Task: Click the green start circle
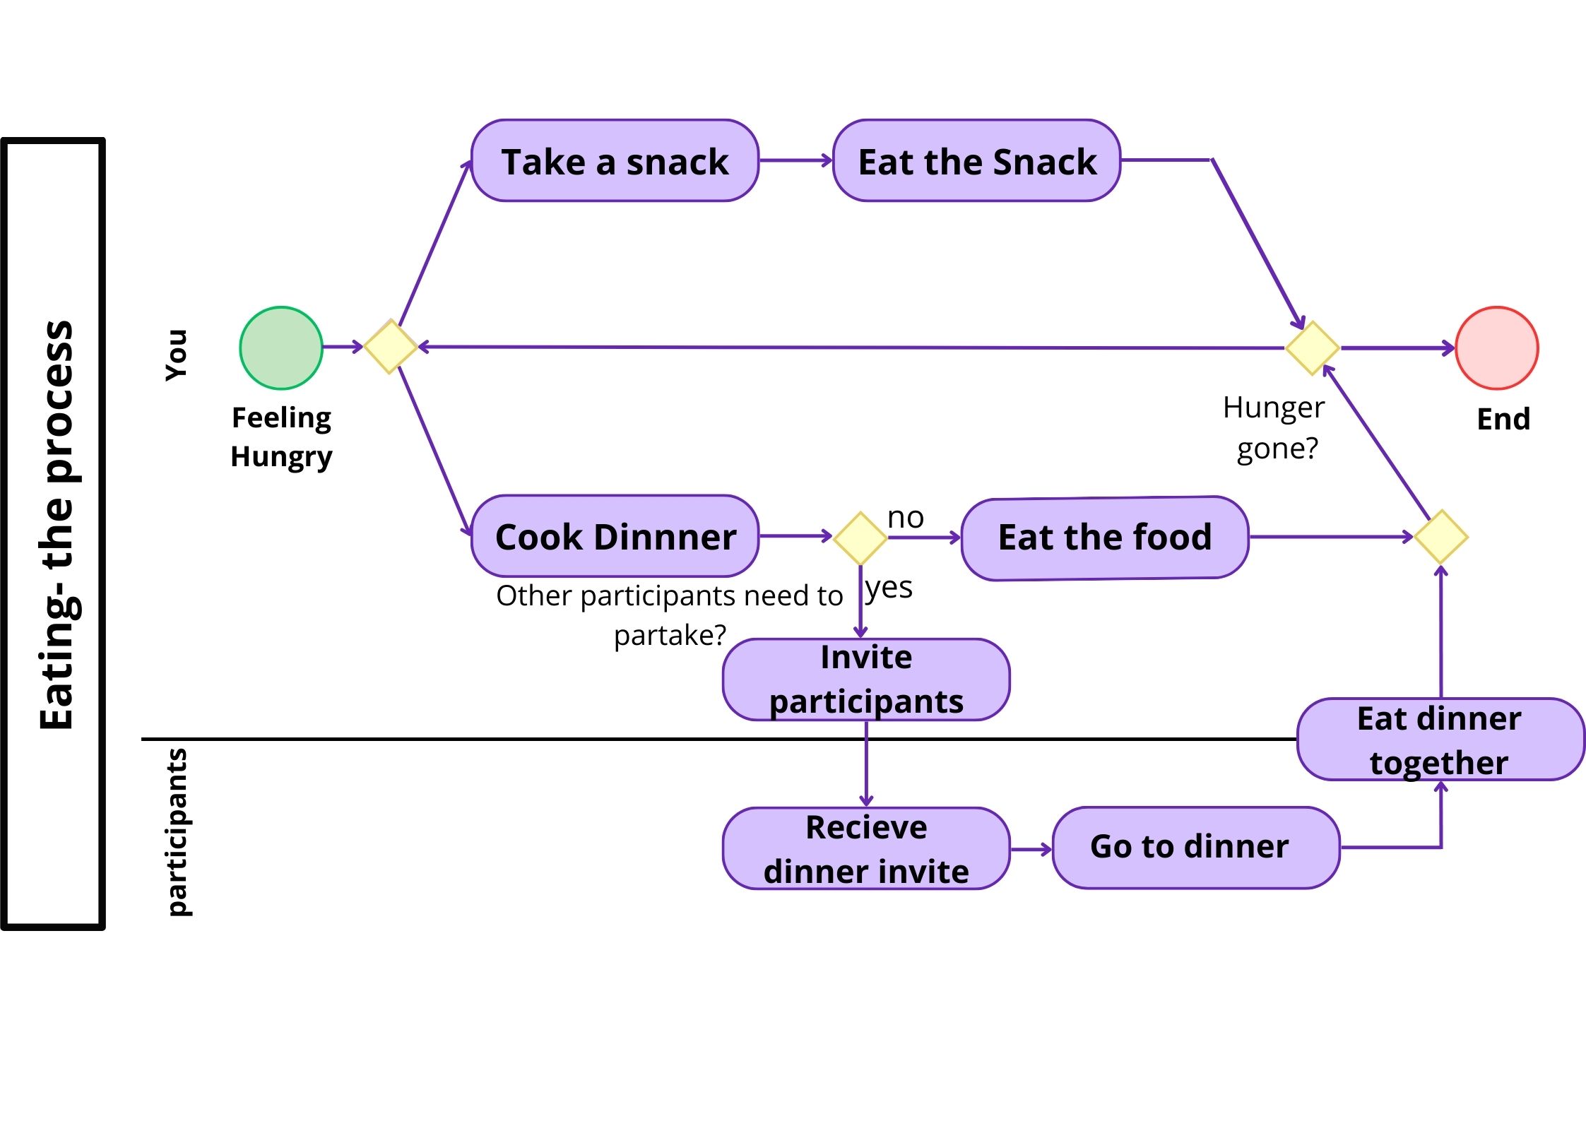281,348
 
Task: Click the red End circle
1496,348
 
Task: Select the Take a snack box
615,160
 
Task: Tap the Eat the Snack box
976,160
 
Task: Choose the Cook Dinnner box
615,536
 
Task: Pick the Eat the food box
1105,538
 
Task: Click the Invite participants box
866,680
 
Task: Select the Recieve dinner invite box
866,848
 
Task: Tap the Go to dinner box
1195,847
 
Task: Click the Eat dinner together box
1440,740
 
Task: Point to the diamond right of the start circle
391,346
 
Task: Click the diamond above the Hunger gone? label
1312,348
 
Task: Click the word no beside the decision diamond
905,518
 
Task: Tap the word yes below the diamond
889,588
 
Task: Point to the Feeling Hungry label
281,437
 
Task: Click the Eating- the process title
57,526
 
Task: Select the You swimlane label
176,355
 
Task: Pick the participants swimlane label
177,832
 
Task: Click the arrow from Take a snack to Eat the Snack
795,160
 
